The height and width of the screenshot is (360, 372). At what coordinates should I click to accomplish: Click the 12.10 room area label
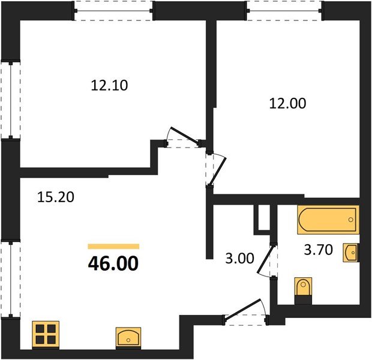tap(110, 86)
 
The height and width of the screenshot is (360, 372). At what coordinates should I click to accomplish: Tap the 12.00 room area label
tap(287, 103)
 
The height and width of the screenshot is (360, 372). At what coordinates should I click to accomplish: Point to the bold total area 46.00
tap(113, 263)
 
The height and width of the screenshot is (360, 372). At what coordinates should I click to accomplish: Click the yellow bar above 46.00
tap(113, 246)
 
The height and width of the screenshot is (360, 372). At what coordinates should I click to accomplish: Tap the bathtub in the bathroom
tap(328, 220)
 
